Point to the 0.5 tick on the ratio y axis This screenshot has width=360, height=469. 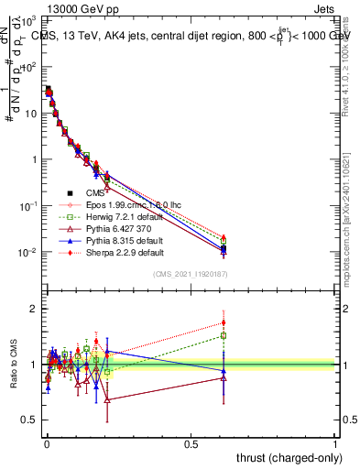(29, 420)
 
